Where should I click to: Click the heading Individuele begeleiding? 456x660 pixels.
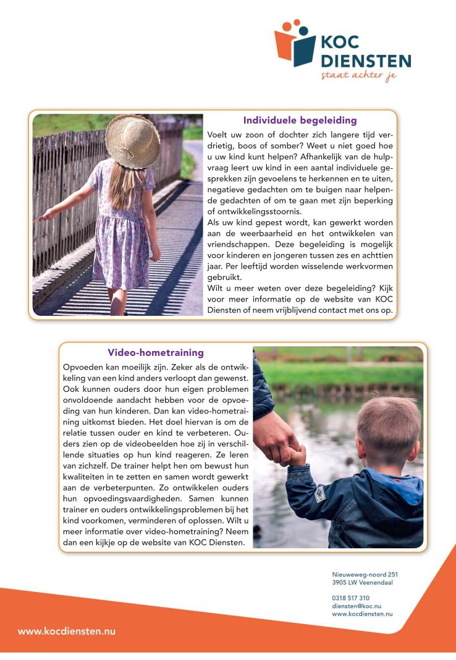pyautogui.click(x=300, y=121)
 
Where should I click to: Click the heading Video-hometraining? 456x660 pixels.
pyautogui.click(x=156, y=353)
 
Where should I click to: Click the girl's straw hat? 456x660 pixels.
pyautogui.click(x=132, y=140)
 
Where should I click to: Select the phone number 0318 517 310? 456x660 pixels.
pyautogui.click(x=350, y=598)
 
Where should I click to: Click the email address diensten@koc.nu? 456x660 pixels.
pyautogui.click(x=357, y=606)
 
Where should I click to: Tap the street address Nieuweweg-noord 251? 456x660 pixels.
pyautogui.click(x=365, y=574)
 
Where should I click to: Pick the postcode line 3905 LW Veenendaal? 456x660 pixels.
pyautogui.click(x=362, y=582)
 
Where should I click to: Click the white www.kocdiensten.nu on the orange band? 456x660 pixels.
pyautogui.click(x=67, y=632)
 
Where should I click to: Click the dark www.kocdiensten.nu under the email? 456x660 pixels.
pyautogui.click(x=362, y=614)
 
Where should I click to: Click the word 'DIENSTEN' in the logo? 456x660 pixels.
pyautogui.click(x=366, y=61)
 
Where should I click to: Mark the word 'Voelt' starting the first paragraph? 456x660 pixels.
pyautogui.click(x=218, y=134)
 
